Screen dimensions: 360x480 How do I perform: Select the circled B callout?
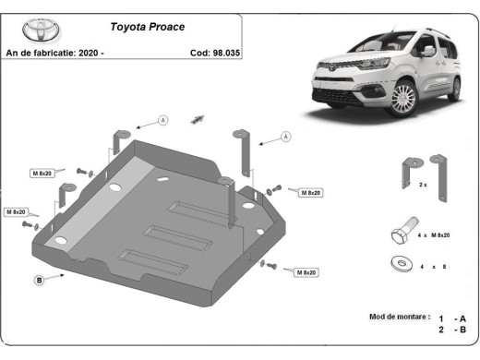click(x=40, y=280)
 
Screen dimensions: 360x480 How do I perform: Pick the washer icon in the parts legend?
click(x=403, y=264)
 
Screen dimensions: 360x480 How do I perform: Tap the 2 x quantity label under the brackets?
click(x=423, y=186)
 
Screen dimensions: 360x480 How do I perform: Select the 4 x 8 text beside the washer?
click(x=433, y=266)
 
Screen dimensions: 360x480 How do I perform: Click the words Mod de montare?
click(x=399, y=317)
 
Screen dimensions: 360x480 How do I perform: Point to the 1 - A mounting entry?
click(x=453, y=318)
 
